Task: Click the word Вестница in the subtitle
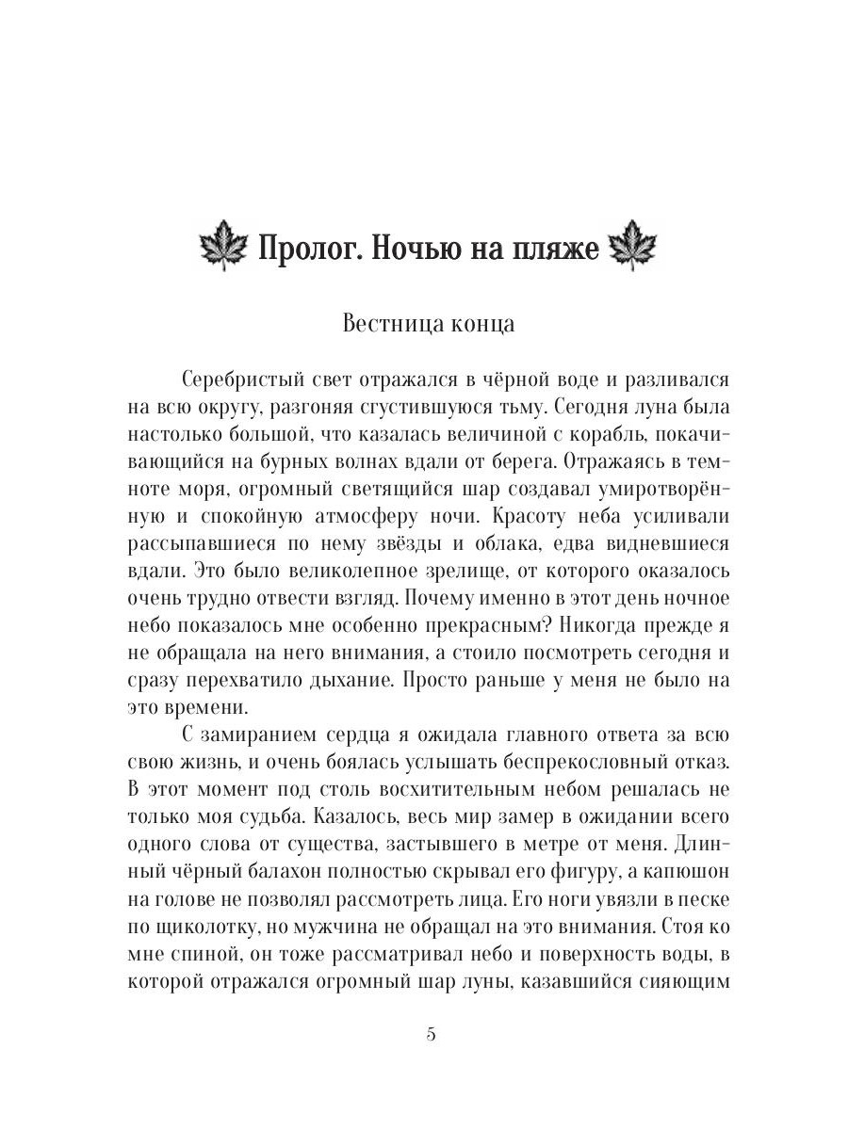[x=384, y=324]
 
